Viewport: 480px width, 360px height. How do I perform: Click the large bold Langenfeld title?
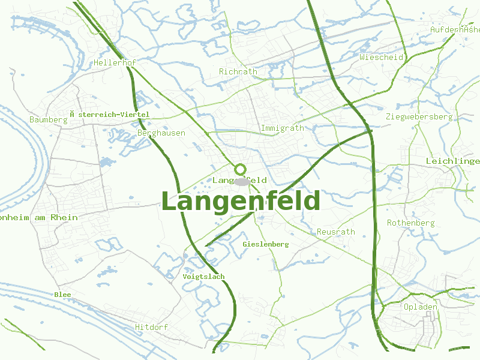coord(241,201)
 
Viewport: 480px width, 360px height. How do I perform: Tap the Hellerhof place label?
coord(115,62)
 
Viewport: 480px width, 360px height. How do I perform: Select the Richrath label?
coord(238,71)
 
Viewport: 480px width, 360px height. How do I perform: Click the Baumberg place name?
coord(48,119)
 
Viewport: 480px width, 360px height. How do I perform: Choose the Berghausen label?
coord(161,133)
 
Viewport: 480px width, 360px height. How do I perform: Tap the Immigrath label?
coord(282,128)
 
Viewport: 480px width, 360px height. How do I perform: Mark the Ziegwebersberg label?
coord(419,116)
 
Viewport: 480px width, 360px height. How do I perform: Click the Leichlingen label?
coord(453,161)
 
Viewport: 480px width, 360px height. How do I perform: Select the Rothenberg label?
coord(410,223)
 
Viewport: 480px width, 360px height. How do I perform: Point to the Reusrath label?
coord(335,232)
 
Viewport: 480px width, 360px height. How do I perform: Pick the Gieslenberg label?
coord(266,244)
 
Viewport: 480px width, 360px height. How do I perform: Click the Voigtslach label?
coord(203,277)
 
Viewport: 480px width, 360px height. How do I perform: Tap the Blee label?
coord(62,295)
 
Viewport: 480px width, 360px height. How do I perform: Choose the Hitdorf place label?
coord(151,327)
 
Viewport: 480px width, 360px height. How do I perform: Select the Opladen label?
coord(420,307)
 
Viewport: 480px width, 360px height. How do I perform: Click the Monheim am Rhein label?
coord(38,217)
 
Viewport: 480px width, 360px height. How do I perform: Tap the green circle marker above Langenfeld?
coord(241,169)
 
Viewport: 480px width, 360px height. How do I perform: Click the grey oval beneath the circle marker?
coord(241,181)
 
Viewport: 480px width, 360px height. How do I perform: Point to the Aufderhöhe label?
coord(455,29)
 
